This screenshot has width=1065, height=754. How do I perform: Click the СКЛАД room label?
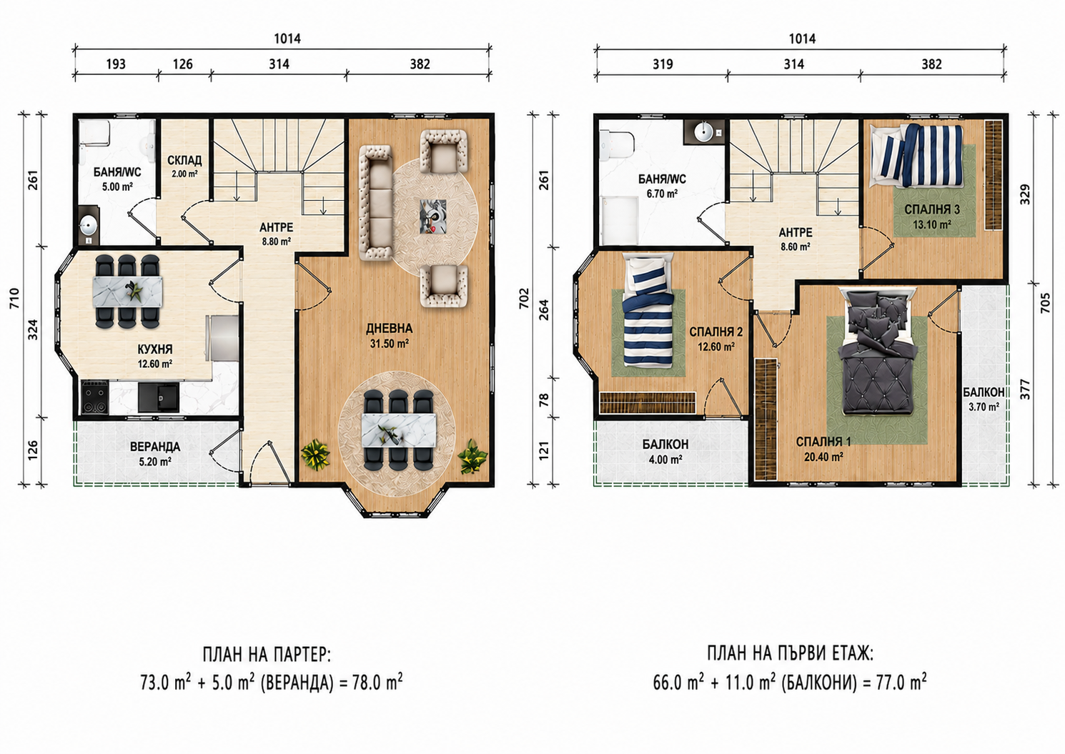point(184,160)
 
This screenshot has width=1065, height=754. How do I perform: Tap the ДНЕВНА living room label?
point(389,329)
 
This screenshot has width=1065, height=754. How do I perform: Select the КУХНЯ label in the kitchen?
point(154,349)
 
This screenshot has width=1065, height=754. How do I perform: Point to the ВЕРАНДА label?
point(155,447)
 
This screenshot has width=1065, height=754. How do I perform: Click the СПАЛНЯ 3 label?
point(931,209)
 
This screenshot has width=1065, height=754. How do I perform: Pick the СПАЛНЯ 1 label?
point(823,442)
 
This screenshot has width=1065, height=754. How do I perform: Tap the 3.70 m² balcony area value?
point(984,407)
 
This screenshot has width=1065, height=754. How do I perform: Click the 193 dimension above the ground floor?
point(116,64)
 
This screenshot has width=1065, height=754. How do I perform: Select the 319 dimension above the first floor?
point(663,64)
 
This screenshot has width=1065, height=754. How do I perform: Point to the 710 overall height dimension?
point(14,298)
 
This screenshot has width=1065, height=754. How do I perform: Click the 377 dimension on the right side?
point(1025,389)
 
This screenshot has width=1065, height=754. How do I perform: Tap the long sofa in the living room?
point(375,202)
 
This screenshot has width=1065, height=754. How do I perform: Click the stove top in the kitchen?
point(94,396)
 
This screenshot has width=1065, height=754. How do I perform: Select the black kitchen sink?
point(159,397)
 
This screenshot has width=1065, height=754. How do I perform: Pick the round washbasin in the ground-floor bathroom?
point(89,225)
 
